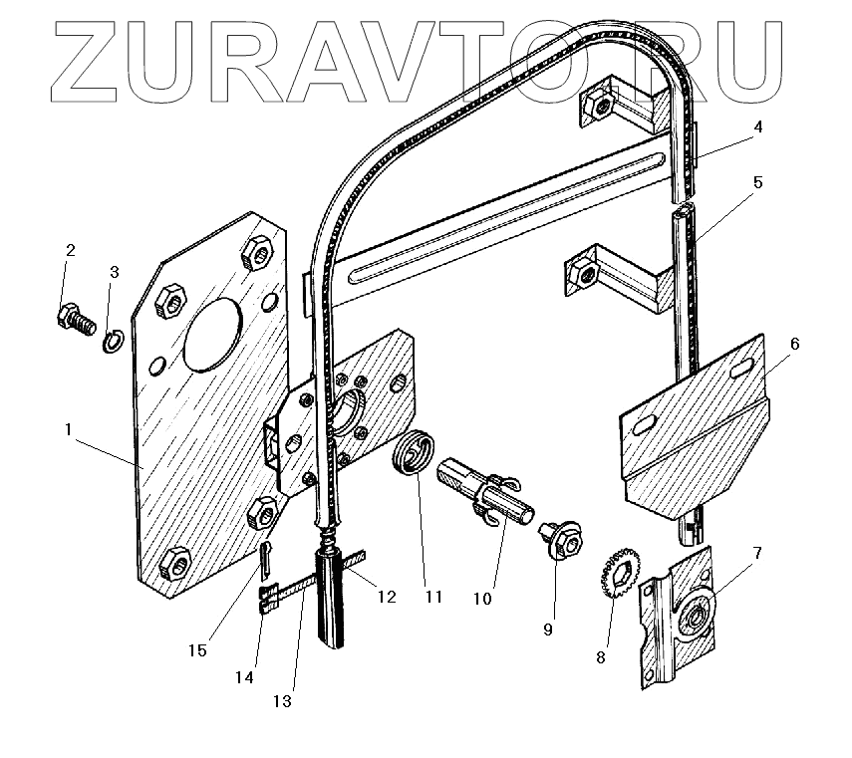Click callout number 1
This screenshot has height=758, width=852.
point(68,430)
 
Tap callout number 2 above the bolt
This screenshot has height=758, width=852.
point(70,250)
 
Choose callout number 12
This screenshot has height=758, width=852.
point(386,598)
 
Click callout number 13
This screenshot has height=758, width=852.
point(282,700)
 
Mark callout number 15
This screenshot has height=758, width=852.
point(197,649)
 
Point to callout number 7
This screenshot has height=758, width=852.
point(758,553)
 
